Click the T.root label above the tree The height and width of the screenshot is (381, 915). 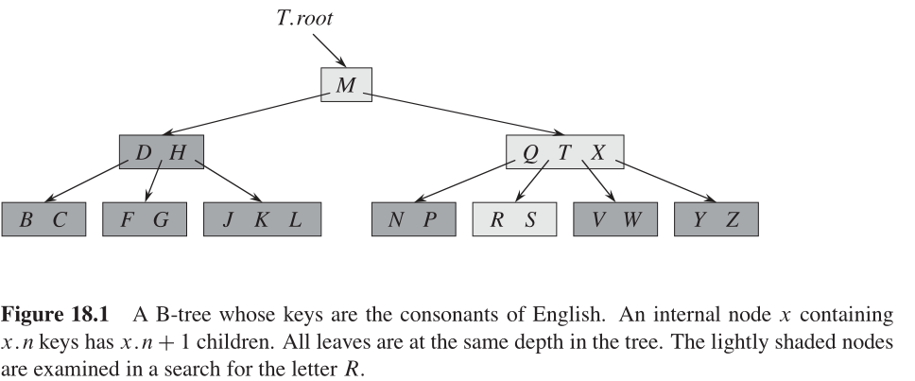(304, 18)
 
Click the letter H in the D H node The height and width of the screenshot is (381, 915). (178, 152)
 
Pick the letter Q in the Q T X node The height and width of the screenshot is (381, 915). (530, 152)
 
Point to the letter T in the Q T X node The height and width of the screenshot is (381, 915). (564, 152)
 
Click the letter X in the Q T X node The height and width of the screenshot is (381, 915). (598, 152)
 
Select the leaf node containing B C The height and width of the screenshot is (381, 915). (43, 219)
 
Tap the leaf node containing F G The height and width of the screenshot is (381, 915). (145, 219)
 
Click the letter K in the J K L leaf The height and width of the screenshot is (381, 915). (262, 219)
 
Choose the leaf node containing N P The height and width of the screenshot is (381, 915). (414, 219)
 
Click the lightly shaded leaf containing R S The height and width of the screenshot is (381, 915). (514, 219)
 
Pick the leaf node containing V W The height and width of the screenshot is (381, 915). (615, 219)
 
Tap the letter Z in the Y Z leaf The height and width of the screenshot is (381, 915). (733, 219)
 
